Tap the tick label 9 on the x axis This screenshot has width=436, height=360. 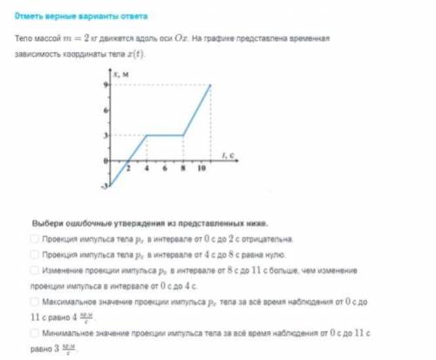[x=106, y=85]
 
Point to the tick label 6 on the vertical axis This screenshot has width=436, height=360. [x=106, y=110]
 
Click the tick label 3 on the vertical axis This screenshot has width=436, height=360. [x=106, y=135]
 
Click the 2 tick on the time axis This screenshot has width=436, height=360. [x=128, y=169]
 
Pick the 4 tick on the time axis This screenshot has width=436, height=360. [x=146, y=169]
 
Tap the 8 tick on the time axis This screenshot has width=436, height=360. [x=182, y=169]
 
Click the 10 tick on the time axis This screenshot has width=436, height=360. [x=201, y=169]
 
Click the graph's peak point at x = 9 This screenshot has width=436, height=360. [x=210, y=85]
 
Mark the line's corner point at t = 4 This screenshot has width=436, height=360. [x=146, y=135]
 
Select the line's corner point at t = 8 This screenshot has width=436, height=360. [x=182, y=135]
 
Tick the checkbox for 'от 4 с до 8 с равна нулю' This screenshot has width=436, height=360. [x=34, y=255]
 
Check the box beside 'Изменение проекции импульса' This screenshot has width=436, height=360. [x=34, y=271]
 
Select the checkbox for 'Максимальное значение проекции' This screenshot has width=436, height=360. [x=34, y=302]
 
